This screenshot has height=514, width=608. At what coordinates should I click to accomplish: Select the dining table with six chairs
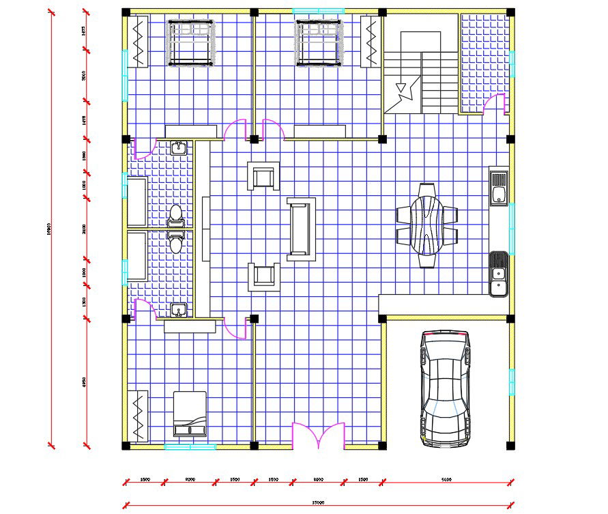click(x=427, y=225)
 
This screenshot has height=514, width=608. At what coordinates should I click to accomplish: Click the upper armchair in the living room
click(x=263, y=177)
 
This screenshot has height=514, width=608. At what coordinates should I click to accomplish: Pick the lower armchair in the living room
click(x=263, y=276)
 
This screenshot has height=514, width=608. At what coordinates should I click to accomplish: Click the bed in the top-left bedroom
click(x=192, y=43)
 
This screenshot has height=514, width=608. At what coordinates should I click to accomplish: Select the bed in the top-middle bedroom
click(x=318, y=43)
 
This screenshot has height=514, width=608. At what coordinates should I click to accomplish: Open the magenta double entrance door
click(x=318, y=435)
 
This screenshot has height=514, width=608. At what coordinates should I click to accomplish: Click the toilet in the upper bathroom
click(x=176, y=214)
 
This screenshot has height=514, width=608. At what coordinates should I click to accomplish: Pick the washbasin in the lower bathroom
click(x=179, y=311)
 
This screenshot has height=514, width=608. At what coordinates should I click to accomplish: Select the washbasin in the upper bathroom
click(x=179, y=147)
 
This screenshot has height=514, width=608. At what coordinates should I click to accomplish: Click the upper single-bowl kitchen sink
click(x=499, y=187)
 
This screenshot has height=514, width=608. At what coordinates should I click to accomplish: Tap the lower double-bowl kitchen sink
click(x=499, y=274)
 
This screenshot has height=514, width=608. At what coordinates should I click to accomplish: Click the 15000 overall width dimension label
click(x=317, y=502)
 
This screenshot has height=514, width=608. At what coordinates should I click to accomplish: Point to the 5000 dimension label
click(x=446, y=480)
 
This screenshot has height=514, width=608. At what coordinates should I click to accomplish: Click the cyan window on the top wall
click(x=317, y=11)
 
